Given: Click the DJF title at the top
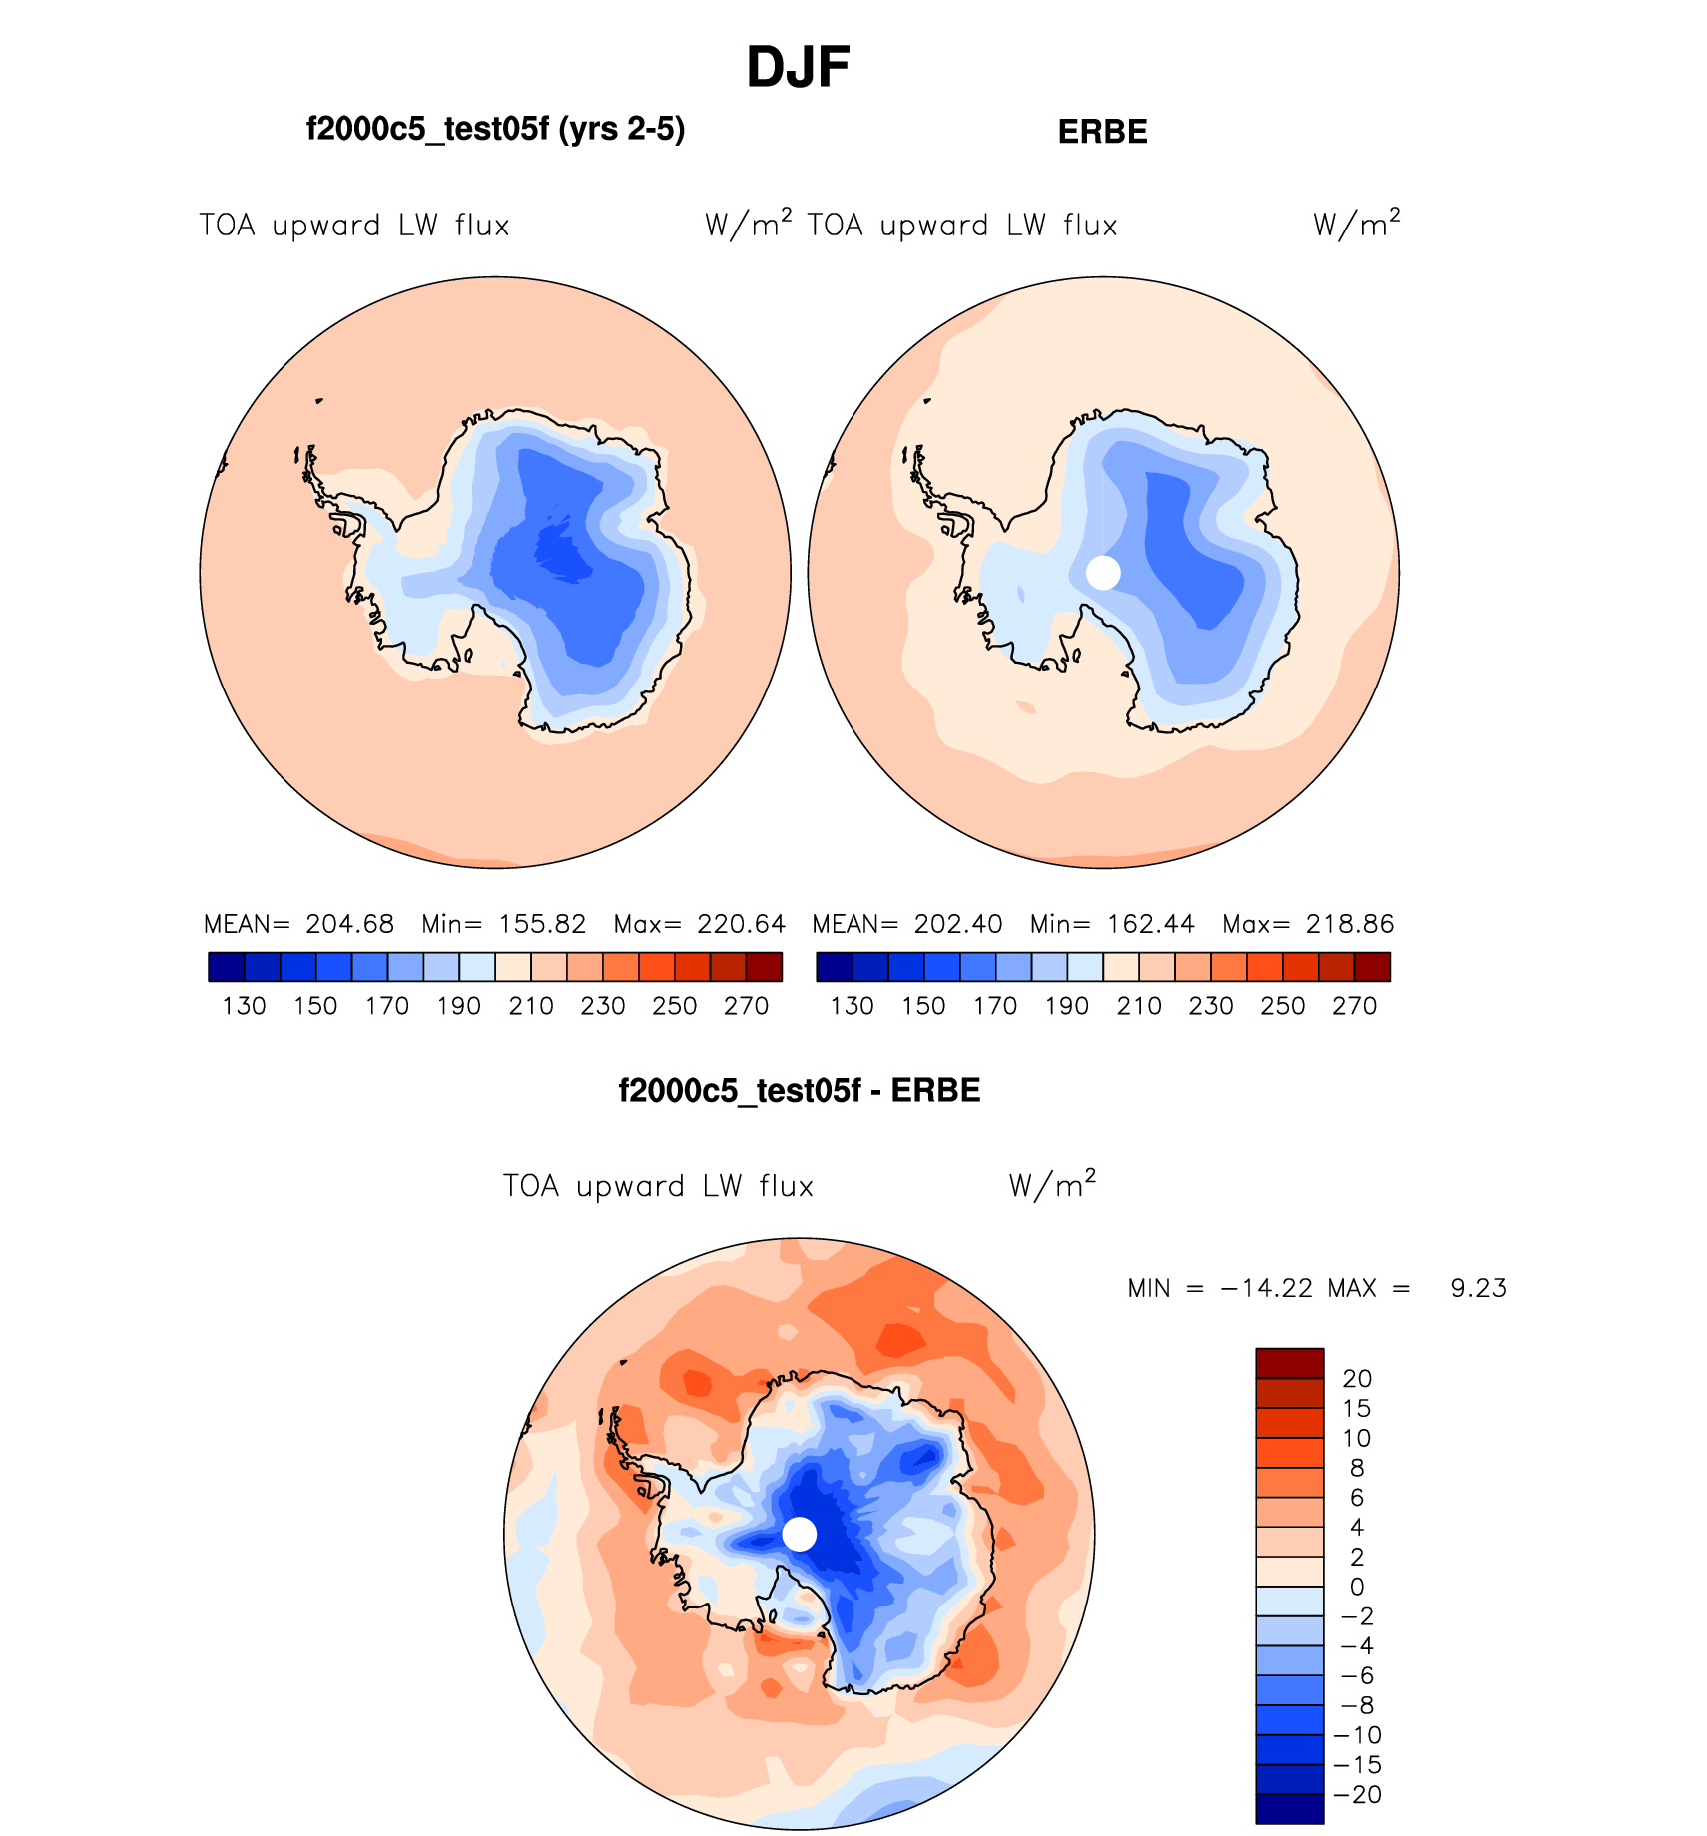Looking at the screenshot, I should pos(798,68).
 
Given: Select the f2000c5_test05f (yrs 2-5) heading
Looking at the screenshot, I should pos(495,130).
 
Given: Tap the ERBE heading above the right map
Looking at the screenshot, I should pos(1102,132).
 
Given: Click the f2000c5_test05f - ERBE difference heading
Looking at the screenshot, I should pos(800,1091).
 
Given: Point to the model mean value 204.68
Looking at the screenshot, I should pos(349,924).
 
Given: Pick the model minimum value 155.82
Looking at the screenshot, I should pos(542,924).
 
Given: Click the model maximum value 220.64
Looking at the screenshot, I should pos(741,924).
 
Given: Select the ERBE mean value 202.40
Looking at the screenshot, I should pos(958,924).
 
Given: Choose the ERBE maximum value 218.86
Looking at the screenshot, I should pos(1350,924).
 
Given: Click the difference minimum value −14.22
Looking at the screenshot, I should pos(1266,1289).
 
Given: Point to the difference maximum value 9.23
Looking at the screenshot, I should pos(1478,1289).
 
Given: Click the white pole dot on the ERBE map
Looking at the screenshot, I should pos(1103,573).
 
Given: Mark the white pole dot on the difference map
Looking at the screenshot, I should pos(799,1534).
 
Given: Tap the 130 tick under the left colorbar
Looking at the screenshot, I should pos(244,1006).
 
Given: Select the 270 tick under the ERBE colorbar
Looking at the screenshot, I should pos(1354,1006).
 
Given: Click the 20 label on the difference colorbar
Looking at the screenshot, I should pos(1357,1379).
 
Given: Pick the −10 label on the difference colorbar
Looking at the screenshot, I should pos(1357,1735).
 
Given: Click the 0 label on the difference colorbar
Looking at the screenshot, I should pos(1356,1587).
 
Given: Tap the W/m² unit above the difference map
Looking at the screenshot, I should pos(1052,1185).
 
